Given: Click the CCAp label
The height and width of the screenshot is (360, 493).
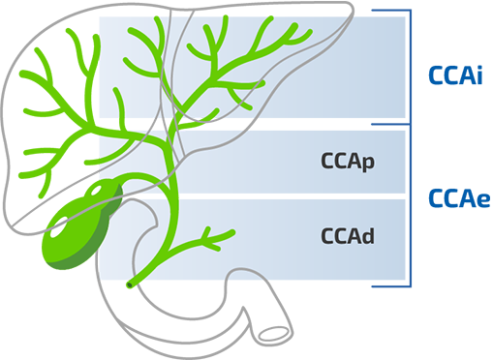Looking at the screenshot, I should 347,161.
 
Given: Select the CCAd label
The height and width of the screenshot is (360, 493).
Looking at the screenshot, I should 347,234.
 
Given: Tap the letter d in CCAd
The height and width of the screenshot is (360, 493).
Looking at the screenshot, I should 369,234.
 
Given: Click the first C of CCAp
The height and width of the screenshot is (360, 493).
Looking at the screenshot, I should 326,161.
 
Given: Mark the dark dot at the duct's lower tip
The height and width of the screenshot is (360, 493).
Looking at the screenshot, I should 127,286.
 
